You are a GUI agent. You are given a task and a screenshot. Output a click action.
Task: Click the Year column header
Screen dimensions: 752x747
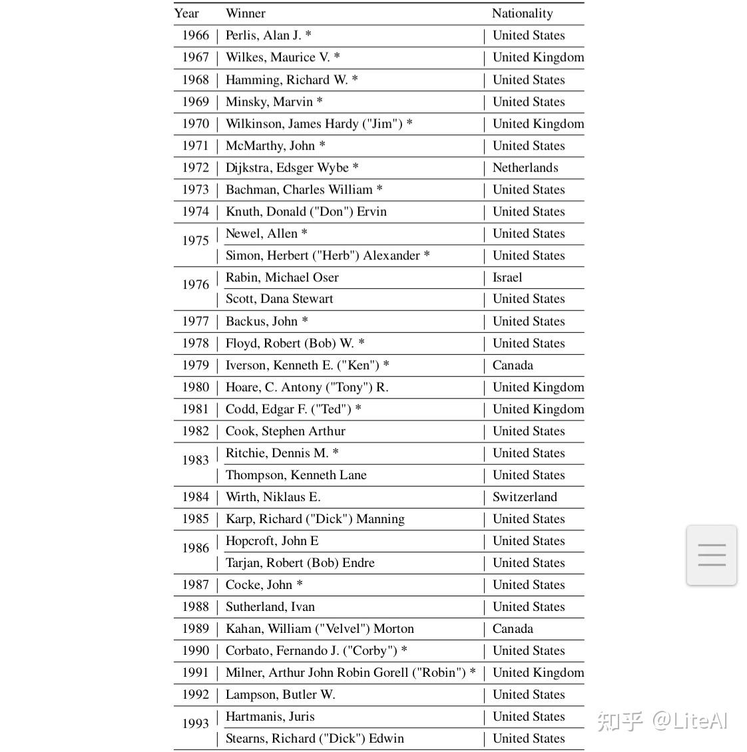click(x=186, y=13)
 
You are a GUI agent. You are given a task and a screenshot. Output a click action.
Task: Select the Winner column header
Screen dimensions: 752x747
click(x=245, y=13)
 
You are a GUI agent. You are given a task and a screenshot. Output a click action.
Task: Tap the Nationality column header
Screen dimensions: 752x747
click(x=522, y=13)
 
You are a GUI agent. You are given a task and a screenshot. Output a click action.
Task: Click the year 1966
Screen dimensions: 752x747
click(x=195, y=35)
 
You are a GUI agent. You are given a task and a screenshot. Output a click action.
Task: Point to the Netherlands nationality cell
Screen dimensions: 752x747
click(x=525, y=168)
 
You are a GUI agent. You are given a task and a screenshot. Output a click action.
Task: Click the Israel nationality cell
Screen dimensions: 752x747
click(x=507, y=278)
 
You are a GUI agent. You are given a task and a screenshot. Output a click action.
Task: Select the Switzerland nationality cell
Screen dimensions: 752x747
click(x=525, y=497)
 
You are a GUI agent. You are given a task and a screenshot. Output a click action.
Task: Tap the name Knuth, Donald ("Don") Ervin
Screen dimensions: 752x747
click(x=306, y=212)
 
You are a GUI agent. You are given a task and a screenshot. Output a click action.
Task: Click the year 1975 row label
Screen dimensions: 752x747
click(x=195, y=241)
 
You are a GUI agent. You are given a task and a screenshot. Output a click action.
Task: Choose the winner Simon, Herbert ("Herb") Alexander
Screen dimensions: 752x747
click(x=327, y=256)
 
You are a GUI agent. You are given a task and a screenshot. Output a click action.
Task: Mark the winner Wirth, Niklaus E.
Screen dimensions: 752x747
click(x=273, y=497)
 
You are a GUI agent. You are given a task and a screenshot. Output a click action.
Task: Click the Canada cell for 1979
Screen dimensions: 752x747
click(x=513, y=365)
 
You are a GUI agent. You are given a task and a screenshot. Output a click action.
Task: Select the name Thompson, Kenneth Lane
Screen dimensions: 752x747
click(x=296, y=475)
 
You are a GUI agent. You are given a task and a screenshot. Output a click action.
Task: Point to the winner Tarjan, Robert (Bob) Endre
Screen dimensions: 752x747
click(x=300, y=563)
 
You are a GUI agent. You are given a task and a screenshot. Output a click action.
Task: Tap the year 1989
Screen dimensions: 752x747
click(x=195, y=629)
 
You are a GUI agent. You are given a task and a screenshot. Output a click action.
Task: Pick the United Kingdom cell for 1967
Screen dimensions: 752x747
click(x=538, y=57)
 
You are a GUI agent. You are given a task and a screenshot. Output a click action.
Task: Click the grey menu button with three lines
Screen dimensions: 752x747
click(x=711, y=555)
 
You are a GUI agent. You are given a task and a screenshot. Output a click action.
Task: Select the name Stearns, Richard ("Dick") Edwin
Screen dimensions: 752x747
click(x=314, y=739)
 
